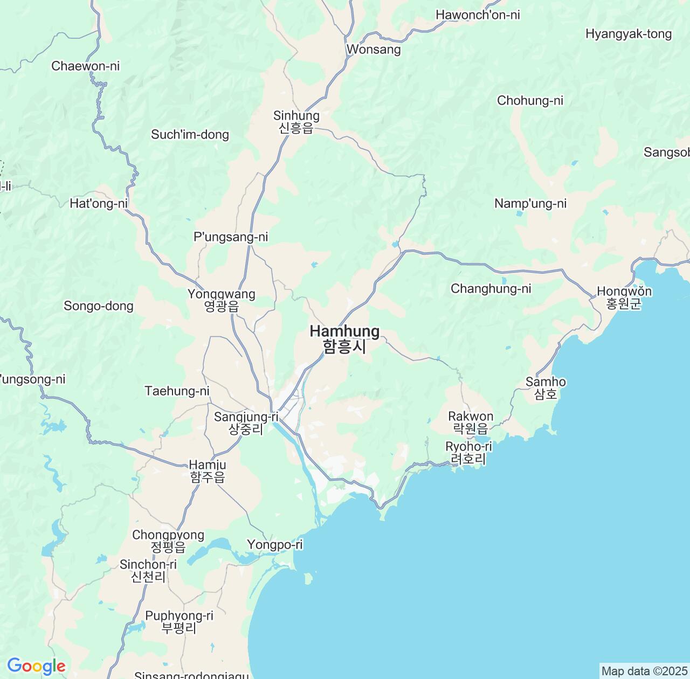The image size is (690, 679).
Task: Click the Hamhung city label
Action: [344, 338]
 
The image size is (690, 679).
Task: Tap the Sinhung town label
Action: [296, 121]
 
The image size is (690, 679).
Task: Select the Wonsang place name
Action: [374, 50]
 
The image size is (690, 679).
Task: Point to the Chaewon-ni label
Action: [85, 66]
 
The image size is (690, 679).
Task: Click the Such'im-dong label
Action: [190, 135]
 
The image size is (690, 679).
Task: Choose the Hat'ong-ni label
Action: [99, 204]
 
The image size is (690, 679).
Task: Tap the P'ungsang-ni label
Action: [231, 237]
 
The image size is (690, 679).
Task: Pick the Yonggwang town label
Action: [221, 300]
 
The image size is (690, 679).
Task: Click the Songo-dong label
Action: [98, 306]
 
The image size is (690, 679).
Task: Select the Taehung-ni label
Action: [177, 391]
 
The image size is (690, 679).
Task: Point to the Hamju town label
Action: [208, 470]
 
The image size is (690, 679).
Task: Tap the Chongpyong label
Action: [168, 541]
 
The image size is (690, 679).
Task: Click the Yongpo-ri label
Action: [275, 545]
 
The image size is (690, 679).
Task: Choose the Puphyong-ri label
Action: [179, 621]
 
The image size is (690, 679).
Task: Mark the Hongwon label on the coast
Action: [624, 297]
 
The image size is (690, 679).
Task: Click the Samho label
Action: [546, 387]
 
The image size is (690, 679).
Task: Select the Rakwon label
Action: [471, 422]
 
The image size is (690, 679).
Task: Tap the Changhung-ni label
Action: [491, 289]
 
